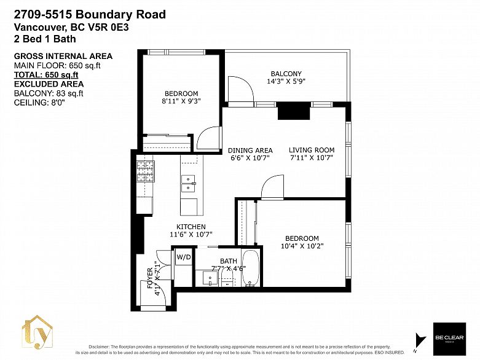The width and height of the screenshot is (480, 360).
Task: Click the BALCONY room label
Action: (286, 74)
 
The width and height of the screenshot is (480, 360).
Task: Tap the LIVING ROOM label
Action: (312, 150)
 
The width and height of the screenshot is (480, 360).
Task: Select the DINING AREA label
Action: (250, 150)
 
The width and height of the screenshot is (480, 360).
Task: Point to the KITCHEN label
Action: (191, 227)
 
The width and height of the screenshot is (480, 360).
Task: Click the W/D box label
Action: (184, 257)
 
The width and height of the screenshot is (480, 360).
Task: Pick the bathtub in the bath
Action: (251, 268)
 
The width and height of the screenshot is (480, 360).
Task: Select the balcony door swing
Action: (241, 90)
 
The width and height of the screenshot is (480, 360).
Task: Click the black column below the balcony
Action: (293, 111)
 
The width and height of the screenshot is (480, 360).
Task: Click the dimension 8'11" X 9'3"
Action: (181, 101)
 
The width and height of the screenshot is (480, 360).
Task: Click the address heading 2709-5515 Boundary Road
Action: (90, 14)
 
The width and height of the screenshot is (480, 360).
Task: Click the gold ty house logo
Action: (38, 332)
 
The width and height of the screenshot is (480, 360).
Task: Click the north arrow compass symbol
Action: (420, 340)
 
